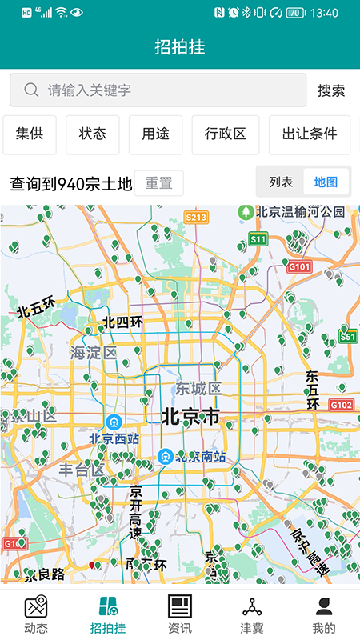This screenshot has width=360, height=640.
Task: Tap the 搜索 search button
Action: coord(331,90)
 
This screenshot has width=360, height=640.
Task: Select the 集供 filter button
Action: coord(30,134)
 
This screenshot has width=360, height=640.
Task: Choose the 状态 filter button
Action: coord(93,134)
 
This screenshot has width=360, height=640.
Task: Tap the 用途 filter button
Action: coord(155,134)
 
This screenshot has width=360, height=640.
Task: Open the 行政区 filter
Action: coord(226,134)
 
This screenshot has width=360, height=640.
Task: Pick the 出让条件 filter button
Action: coord(310,134)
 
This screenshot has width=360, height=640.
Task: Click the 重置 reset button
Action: coord(158,183)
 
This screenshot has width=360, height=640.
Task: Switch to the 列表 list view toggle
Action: coord(281,182)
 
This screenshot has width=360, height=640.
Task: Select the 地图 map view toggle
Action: coord(326,182)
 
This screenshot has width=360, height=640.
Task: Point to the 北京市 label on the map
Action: coord(190,416)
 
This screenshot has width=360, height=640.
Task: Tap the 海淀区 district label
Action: coord(93,352)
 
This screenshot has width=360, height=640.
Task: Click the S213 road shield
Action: coord(196,217)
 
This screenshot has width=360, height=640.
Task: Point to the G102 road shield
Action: coord(341,406)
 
